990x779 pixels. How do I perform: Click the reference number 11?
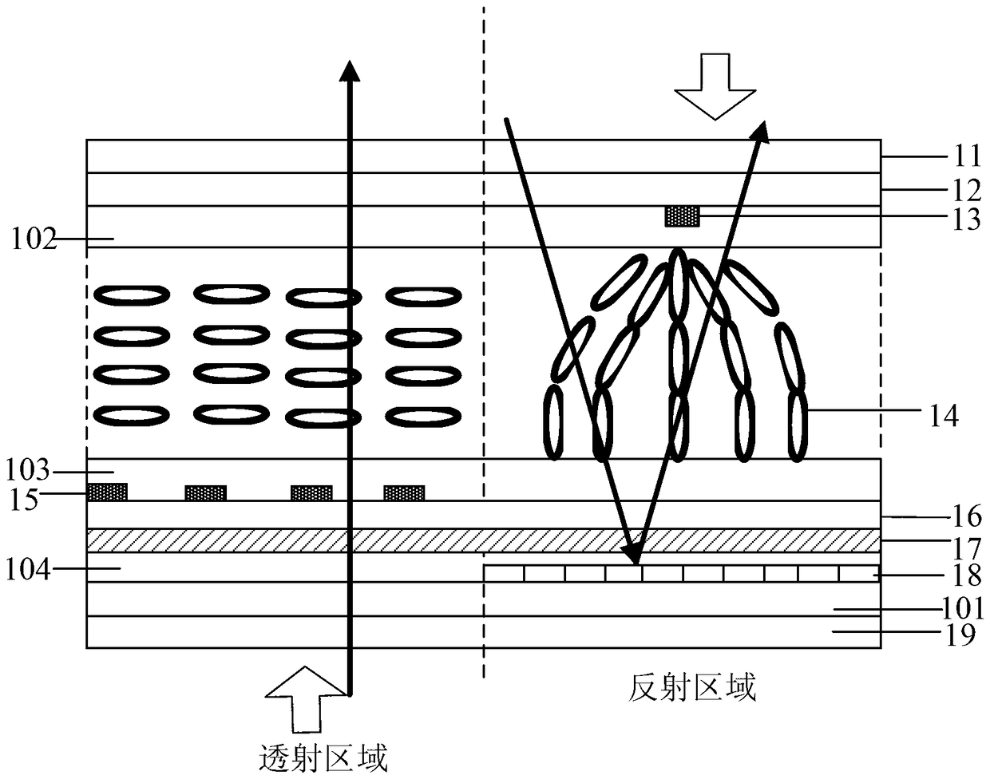click(966, 156)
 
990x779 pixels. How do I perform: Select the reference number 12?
click(966, 190)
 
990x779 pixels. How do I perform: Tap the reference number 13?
click(966, 219)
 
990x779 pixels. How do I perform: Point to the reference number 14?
click(944, 416)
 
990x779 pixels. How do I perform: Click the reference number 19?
click(960, 635)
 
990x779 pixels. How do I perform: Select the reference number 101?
click(962, 608)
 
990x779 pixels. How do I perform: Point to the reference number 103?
click(28, 470)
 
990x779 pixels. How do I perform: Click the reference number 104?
click(28, 570)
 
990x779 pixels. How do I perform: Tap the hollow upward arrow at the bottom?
click(307, 699)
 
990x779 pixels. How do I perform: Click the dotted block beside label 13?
click(683, 216)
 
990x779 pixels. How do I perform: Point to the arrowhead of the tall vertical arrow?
click(350, 71)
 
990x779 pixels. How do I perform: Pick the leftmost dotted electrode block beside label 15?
click(107, 492)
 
